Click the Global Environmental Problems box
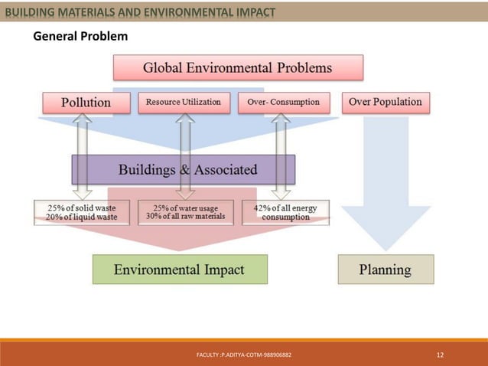tap(238, 67)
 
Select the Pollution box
tap(86, 103)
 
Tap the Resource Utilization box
tap(184, 103)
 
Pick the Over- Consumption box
tap(284, 103)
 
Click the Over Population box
tap(385, 102)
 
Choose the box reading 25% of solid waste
tap(81, 212)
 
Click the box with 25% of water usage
tap(184, 212)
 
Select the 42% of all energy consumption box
tap(285, 212)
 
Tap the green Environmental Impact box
tap(179, 270)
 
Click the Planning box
tap(386, 270)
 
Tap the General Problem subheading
tap(80, 37)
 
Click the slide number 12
tap(440, 355)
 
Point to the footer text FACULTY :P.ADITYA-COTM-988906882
tap(243, 356)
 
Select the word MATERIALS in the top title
tap(79, 11)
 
